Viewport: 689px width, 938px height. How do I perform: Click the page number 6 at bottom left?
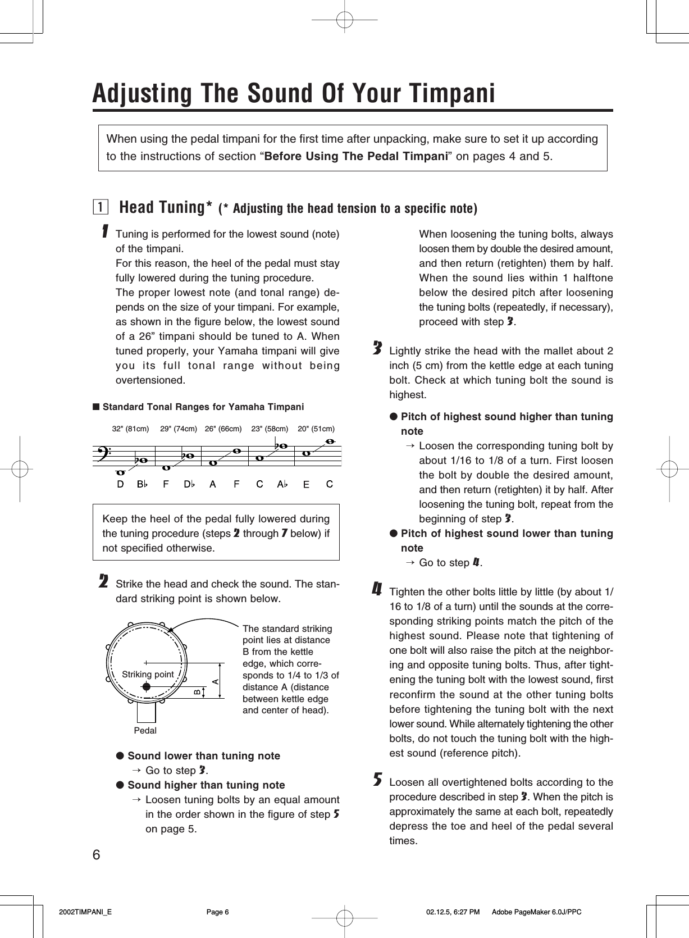97,854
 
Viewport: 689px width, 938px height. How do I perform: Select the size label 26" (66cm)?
223,429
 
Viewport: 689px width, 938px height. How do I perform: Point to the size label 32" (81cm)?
130,429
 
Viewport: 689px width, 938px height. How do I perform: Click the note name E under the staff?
306,484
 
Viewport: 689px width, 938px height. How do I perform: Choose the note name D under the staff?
120,484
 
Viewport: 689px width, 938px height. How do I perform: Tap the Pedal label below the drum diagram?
145,730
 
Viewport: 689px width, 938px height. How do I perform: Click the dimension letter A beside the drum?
215,681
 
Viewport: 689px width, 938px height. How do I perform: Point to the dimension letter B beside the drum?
197,692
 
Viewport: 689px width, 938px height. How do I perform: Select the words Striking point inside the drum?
148,674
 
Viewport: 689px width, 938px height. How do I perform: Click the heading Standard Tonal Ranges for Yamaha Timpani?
203,407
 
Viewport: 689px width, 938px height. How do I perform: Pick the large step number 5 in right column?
377,780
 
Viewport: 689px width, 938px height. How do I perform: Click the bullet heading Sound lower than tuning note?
203,755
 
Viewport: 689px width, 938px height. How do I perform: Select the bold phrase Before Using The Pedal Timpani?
355,156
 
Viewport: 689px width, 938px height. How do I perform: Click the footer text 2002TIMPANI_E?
85,912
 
